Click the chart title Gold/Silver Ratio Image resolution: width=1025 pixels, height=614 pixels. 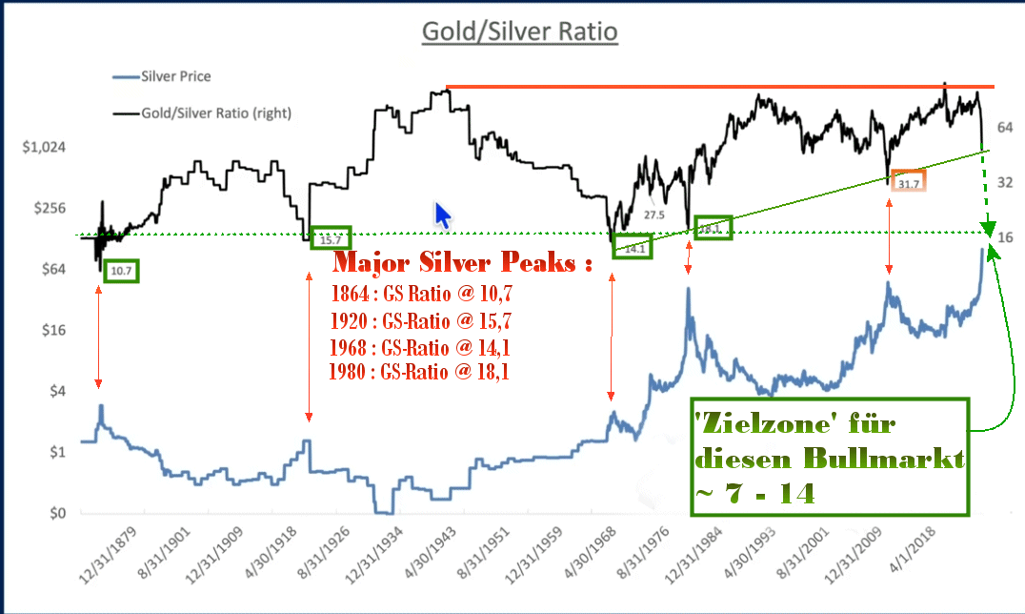520,31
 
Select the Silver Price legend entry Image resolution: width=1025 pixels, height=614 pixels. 175,76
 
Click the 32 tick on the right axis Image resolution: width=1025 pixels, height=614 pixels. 1005,181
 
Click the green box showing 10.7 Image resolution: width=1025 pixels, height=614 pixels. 122,272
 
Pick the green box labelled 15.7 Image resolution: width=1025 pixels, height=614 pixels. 332,238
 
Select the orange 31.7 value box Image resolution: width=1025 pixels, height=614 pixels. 909,182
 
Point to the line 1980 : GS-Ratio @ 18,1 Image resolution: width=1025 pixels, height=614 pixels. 420,372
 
